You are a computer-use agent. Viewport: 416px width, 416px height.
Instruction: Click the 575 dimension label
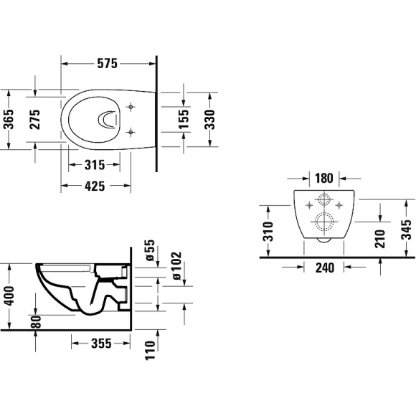[107, 63]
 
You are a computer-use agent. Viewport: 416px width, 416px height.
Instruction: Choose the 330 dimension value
[209, 118]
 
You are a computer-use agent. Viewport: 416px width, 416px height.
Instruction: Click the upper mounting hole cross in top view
[130, 107]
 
